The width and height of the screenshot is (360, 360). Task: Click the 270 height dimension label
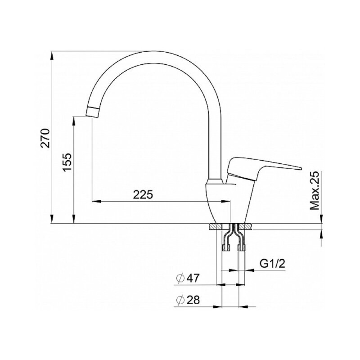45,138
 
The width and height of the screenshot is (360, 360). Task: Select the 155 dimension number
68,162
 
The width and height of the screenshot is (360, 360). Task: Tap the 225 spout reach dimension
143,195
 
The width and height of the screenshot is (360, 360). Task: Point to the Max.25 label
315,190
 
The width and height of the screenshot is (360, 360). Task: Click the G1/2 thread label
272,264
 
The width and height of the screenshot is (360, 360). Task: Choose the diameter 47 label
188,278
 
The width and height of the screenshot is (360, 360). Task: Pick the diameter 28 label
188,300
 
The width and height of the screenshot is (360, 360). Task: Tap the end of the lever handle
300,168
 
